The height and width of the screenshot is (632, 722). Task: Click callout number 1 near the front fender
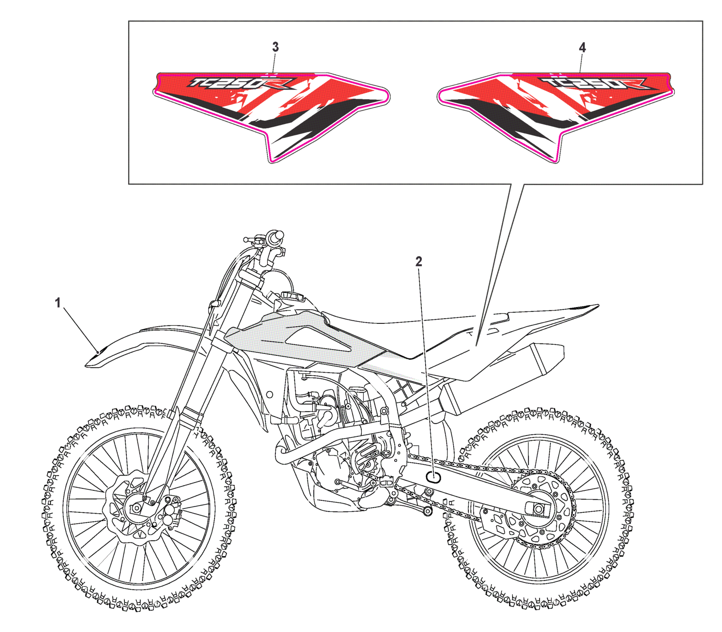pyautogui.click(x=58, y=302)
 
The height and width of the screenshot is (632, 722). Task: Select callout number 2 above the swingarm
pyautogui.click(x=418, y=261)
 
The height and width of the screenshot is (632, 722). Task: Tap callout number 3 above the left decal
pyautogui.click(x=275, y=47)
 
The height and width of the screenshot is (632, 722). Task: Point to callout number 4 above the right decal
pyautogui.click(x=582, y=47)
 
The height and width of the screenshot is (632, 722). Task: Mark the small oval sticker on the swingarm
pyautogui.click(x=433, y=477)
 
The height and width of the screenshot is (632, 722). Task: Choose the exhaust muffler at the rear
pyautogui.click(x=505, y=377)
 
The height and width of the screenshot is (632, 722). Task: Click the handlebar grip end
pyautogui.click(x=276, y=237)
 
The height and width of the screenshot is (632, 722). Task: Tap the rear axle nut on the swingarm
pyautogui.click(x=539, y=509)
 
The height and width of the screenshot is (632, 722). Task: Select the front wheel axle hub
pyautogui.click(x=136, y=508)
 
